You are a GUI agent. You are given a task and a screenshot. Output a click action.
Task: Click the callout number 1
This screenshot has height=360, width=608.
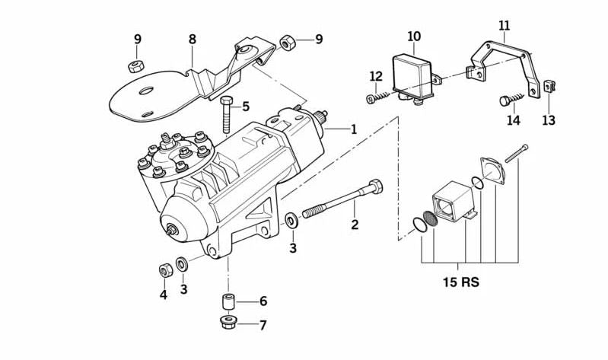[354, 129]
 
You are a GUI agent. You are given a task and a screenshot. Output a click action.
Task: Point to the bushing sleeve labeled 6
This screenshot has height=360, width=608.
[227, 301]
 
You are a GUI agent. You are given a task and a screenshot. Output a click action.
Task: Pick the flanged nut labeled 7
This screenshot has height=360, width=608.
[227, 323]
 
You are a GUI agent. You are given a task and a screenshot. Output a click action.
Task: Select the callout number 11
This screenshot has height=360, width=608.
[504, 25]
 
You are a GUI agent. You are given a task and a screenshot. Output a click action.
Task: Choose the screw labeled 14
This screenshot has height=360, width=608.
[513, 99]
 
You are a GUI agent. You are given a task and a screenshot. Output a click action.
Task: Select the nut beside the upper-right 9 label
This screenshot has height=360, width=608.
[288, 42]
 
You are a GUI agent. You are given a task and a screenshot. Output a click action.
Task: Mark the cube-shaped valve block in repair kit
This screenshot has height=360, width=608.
[452, 201]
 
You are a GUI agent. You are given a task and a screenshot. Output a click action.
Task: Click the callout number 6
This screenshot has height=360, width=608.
[263, 301]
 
